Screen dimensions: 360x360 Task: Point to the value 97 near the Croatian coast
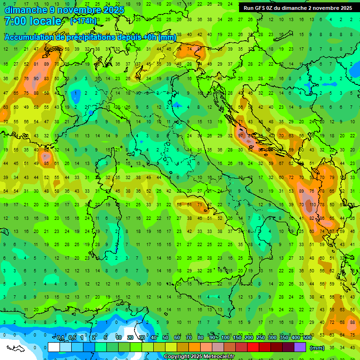pyautogui.click(x=241, y=135)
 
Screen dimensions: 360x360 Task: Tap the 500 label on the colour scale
pyautogui.click(x=307, y=337)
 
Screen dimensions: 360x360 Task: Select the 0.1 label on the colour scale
pyautogui.click(x=60, y=337)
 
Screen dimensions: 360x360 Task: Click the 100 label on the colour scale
pyautogui.click(x=225, y=337)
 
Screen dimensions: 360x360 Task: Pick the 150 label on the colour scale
pyautogui.click(x=237, y=337)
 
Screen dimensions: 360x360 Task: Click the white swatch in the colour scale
pyautogui.click(x=54, y=347)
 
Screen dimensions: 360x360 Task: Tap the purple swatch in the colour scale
pyautogui.click(x=300, y=347)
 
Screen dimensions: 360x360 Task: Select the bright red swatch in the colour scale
pyautogui.click(x=253, y=347)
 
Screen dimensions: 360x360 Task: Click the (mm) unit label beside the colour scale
pyautogui.click(x=317, y=347)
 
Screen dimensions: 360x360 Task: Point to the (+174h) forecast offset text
pyautogui.click(x=83, y=21)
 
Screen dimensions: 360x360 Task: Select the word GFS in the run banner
pyautogui.click(x=261, y=8)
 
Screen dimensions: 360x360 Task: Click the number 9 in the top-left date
pyautogui.click(x=52, y=10)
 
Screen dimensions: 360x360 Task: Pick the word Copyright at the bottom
pyautogui.click(x=177, y=357)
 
